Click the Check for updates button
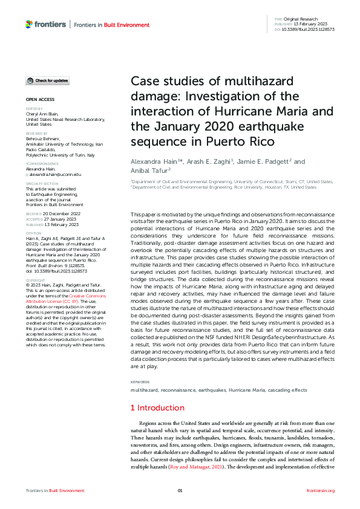47,80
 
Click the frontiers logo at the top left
45,24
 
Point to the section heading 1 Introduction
158,408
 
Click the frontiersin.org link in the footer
321,490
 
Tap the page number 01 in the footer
180,490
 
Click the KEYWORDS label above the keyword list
140,383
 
